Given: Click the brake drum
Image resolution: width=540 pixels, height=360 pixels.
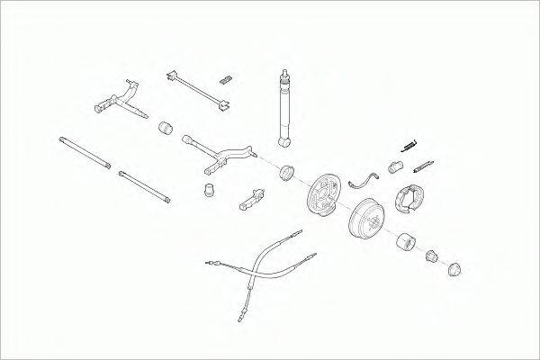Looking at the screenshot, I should (364, 219).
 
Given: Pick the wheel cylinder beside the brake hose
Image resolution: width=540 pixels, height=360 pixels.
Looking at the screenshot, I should (394, 165).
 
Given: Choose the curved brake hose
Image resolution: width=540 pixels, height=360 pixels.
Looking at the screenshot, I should (362, 177).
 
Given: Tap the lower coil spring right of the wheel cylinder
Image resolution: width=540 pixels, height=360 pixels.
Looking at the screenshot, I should (423, 166).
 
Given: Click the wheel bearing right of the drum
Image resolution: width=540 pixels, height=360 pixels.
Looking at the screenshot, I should (404, 242).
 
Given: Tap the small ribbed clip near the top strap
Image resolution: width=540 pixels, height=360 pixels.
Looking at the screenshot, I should (228, 74).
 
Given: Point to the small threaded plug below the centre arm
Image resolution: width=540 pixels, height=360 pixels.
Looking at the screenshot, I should (210, 189).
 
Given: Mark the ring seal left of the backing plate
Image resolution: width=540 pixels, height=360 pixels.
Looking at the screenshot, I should (288, 172).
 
